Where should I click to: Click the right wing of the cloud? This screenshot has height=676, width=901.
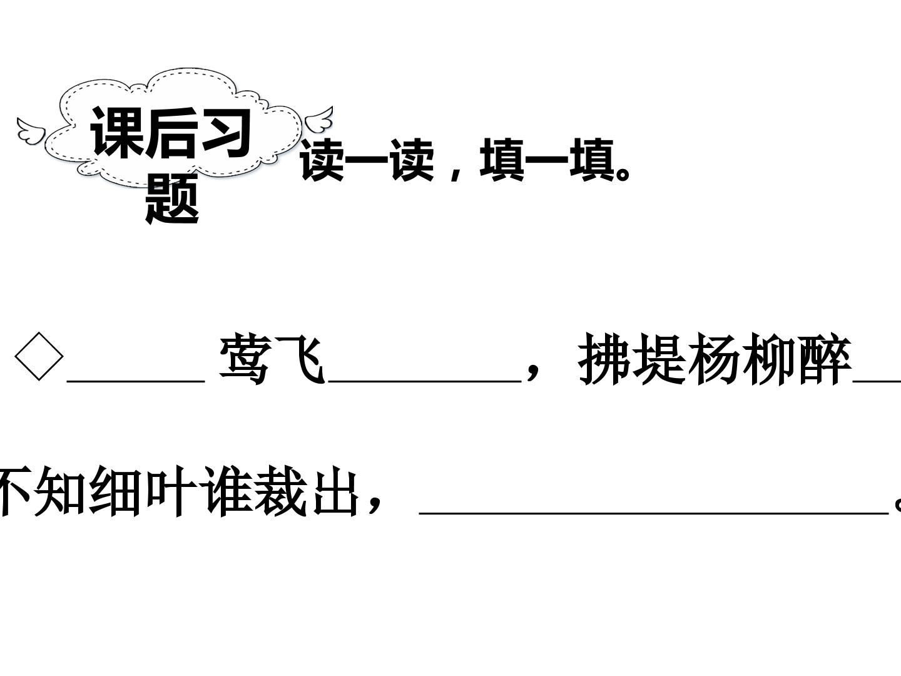319,120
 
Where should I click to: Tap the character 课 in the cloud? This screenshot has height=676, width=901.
117,131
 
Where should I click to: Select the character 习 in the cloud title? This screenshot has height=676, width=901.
227,133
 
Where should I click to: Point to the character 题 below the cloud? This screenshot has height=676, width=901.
173,198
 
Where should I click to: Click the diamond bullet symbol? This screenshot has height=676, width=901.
39,356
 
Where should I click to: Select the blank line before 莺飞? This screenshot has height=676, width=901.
136,382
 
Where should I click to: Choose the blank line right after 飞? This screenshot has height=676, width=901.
425,382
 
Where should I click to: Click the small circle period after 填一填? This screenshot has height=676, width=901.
623,174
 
